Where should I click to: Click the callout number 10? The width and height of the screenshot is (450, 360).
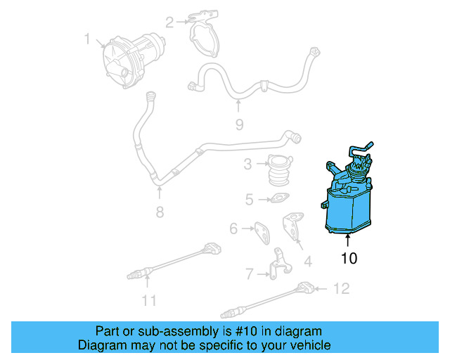pos(349,258)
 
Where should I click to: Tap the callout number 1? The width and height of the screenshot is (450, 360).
pos(87,39)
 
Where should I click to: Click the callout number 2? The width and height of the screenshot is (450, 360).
pos(169,22)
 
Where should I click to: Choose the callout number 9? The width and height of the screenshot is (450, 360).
pos(238,124)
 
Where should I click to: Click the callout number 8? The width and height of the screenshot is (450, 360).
pos(160,211)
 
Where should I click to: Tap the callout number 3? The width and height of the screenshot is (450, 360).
pos(247,165)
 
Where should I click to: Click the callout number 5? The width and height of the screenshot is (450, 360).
pos(249,200)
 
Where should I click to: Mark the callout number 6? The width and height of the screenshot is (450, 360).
pos(233,228)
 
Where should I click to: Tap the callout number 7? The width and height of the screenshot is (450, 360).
pos(249,272)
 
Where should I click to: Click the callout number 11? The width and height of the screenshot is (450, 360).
pos(148,300)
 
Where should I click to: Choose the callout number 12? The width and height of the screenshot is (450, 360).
pos(341,288)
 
